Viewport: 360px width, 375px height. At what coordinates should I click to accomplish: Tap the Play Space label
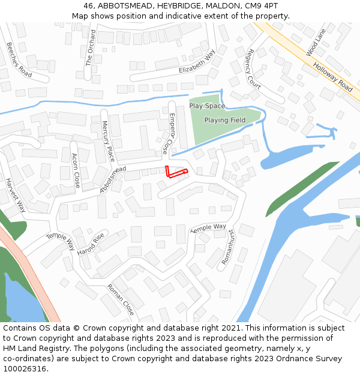tap(207, 106)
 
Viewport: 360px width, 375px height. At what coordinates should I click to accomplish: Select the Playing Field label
tap(225, 120)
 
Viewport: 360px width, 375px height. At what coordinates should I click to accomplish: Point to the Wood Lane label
tap(316, 43)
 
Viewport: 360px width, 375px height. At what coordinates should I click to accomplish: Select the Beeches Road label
tap(19, 59)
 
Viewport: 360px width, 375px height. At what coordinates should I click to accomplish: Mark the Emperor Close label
tap(169, 133)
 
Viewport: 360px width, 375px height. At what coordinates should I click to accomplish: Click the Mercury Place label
tap(107, 141)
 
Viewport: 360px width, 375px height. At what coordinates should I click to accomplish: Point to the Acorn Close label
tap(76, 171)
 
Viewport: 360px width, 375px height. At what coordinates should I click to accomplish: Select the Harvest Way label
tap(16, 195)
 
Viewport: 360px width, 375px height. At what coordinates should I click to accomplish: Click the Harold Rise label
tap(91, 244)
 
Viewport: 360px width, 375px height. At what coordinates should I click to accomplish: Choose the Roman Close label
tap(121, 299)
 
